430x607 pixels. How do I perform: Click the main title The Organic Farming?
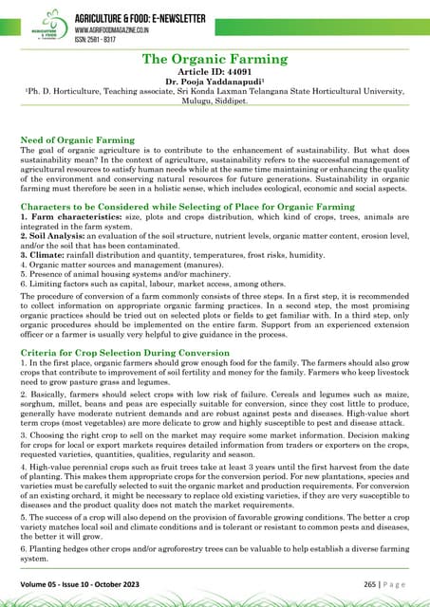[x=215, y=60]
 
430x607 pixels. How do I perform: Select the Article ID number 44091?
[x=241, y=72]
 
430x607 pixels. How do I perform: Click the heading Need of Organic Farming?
[x=77, y=139]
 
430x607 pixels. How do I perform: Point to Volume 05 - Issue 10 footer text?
[x=81, y=584]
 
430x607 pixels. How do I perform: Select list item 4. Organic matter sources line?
[x=108, y=266]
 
